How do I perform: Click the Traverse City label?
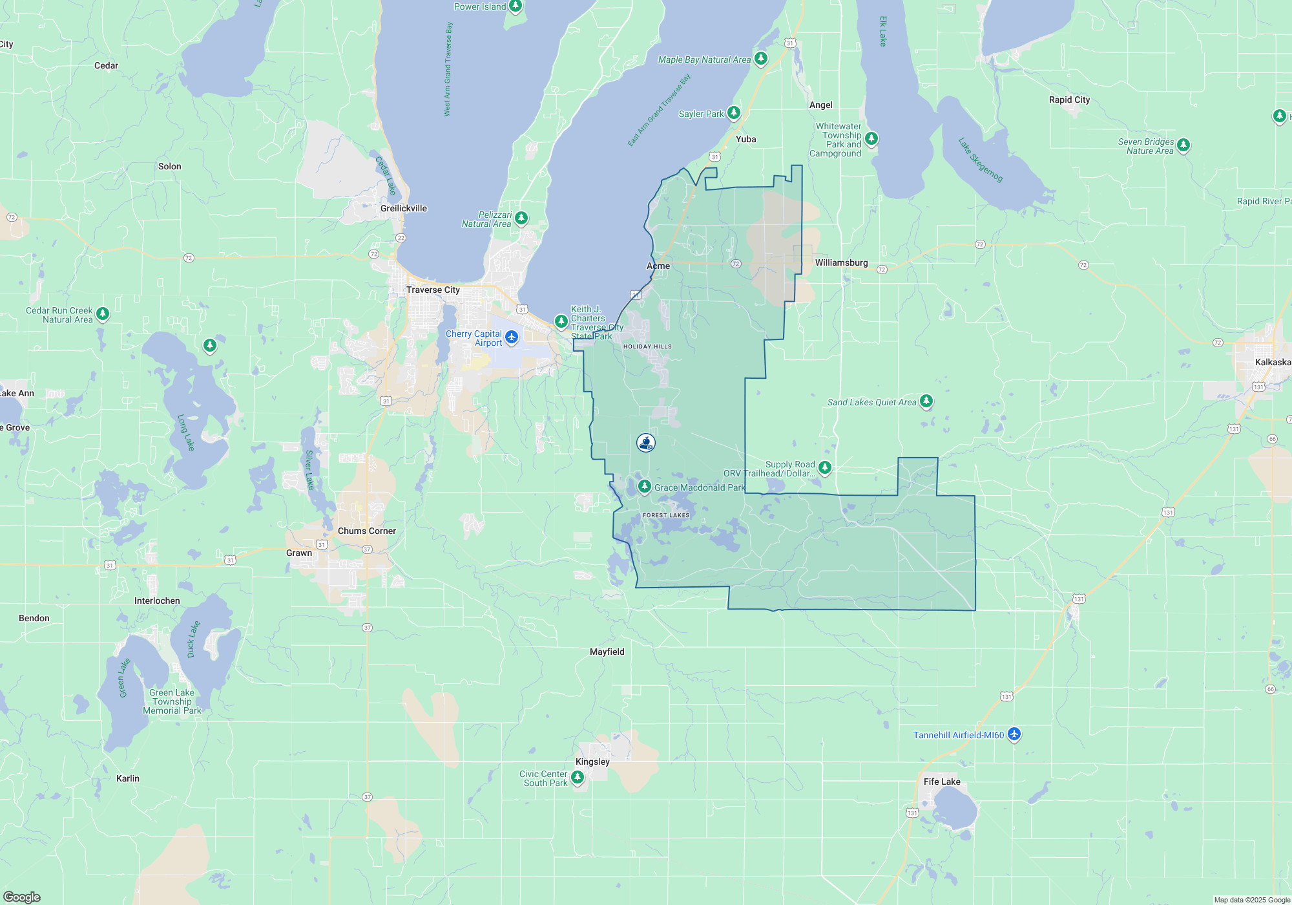(x=433, y=290)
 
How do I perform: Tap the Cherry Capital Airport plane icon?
(x=512, y=337)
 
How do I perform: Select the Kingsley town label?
(x=592, y=761)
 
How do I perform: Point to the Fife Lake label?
(x=941, y=782)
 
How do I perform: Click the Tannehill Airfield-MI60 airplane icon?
(x=1014, y=734)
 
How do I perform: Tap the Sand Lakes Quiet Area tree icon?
(x=926, y=401)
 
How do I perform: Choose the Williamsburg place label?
(x=841, y=262)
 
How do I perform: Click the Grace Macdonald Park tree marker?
(x=644, y=487)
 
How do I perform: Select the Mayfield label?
(x=607, y=652)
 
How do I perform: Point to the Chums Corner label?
(x=366, y=531)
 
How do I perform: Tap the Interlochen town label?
(x=157, y=601)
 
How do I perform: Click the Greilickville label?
(x=403, y=208)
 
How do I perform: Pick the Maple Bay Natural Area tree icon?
(x=761, y=59)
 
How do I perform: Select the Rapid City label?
(x=1069, y=100)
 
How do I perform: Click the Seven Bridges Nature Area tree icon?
(x=1183, y=145)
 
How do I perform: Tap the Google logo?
(x=21, y=897)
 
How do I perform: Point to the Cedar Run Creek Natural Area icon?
(x=102, y=314)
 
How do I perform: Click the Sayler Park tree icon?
(x=733, y=113)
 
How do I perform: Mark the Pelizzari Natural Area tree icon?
(x=521, y=218)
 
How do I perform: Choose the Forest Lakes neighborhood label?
(x=666, y=515)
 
